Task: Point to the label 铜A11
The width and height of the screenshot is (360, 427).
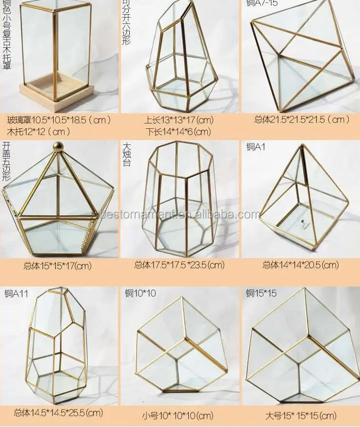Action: pyautogui.click(x=16, y=294)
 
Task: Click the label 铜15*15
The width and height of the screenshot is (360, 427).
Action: pyautogui.click(x=261, y=293)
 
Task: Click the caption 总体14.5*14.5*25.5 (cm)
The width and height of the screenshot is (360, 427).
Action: pyautogui.click(x=59, y=413)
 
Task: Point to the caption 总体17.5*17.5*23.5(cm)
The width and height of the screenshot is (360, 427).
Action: pyautogui.click(x=179, y=265)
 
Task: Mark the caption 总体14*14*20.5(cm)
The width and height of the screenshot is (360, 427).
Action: pyautogui.click(x=300, y=265)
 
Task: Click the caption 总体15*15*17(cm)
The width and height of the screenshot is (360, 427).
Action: pyautogui.click(x=58, y=266)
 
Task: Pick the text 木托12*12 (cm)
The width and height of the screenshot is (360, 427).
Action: pyautogui.click(x=39, y=131)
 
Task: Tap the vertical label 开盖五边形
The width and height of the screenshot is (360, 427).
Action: pyautogui.click(x=6, y=161)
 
